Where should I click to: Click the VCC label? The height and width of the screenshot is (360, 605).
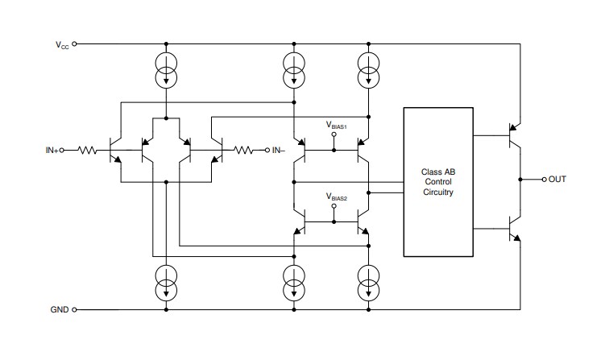coord(62,45)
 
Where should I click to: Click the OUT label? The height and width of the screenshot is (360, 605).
coord(557,178)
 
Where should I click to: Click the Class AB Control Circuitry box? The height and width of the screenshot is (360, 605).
coord(437,182)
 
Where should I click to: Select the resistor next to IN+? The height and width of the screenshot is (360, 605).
coord(89,150)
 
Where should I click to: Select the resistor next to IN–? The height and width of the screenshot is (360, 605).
coord(244,150)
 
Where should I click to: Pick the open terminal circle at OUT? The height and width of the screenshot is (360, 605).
coord(544,178)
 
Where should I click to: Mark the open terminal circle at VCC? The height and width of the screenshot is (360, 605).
coord(75,45)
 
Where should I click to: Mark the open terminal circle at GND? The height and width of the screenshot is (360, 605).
coord(75,309)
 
